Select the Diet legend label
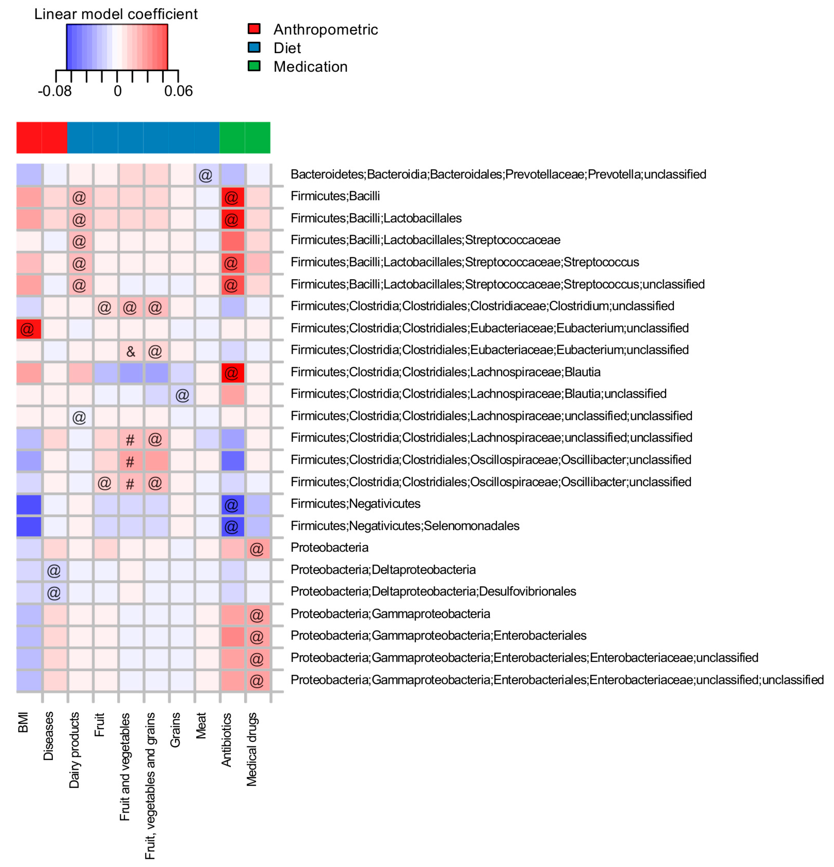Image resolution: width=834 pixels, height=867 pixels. (x=287, y=48)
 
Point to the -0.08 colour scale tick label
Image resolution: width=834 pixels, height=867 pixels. (x=54, y=91)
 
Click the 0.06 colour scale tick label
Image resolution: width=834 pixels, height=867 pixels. (x=178, y=91)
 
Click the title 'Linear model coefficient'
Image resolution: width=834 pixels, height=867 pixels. (x=116, y=14)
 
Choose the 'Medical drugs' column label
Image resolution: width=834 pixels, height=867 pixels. (x=251, y=749)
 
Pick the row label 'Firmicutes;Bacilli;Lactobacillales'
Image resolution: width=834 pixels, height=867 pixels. (x=376, y=218)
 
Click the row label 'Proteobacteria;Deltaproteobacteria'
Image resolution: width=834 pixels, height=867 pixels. (x=383, y=570)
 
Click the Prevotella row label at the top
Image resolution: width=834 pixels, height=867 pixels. (x=498, y=174)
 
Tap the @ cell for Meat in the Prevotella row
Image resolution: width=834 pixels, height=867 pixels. (x=206, y=175)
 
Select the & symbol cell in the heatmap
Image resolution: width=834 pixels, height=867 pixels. (x=130, y=351)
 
